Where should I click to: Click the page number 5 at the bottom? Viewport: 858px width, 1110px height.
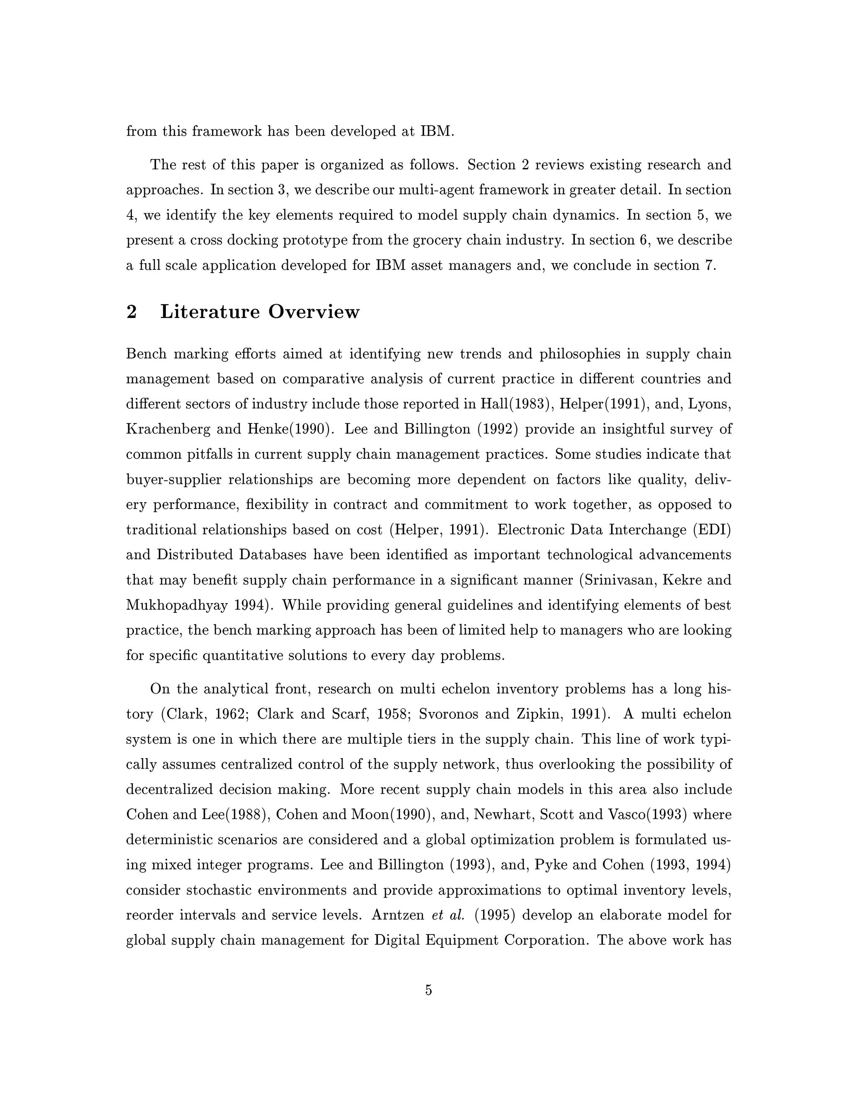(x=429, y=990)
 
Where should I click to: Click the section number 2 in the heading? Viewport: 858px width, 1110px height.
(x=132, y=312)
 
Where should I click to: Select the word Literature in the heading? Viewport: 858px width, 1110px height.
(x=210, y=312)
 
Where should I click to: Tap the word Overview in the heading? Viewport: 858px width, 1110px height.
(x=314, y=312)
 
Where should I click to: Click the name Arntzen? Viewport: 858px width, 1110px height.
(x=398, y=915)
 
